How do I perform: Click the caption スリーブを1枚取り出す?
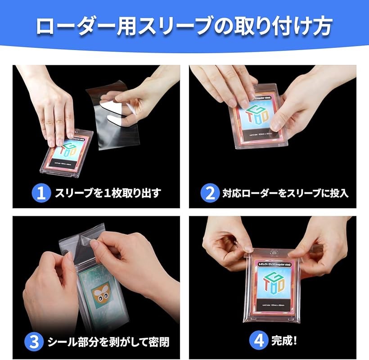pos(108,193)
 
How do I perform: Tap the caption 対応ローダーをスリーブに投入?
pos(285,193)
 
